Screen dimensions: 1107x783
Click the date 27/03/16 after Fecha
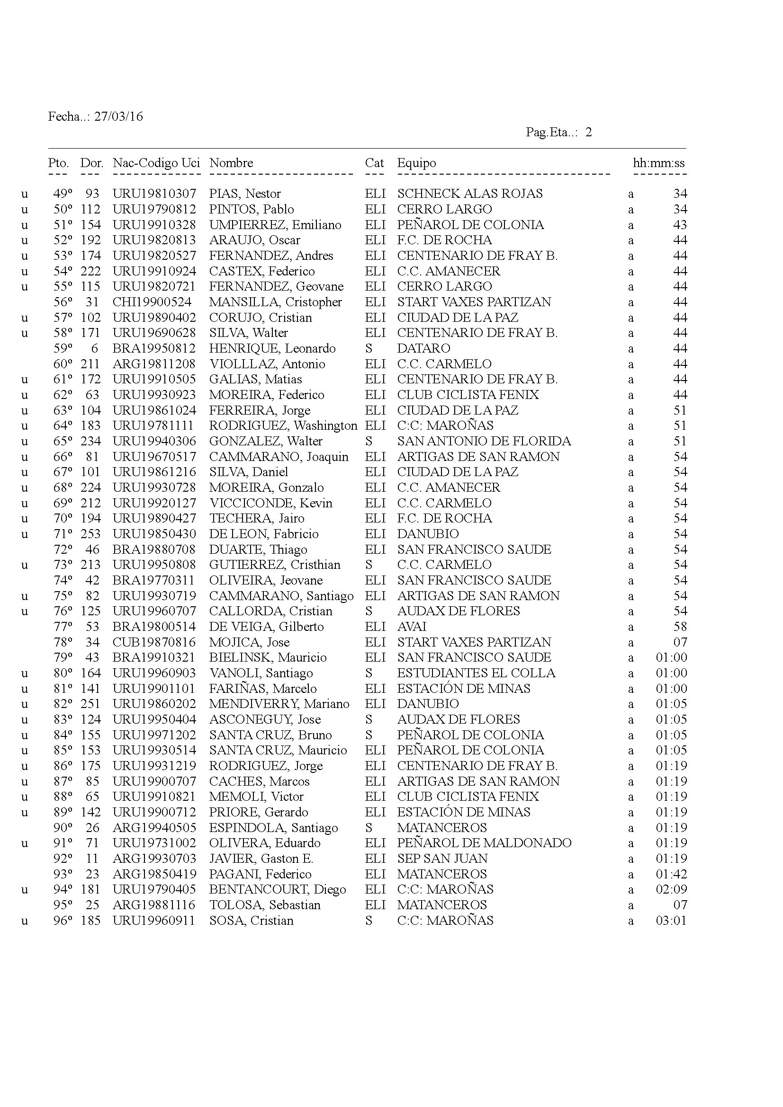point(118,117)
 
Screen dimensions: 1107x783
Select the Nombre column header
point(231,163)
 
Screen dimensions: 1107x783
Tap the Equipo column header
point(416,163)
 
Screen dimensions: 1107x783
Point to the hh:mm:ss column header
point(658,163)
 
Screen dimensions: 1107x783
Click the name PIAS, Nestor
point(244,194)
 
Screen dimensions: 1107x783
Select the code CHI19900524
point(152,302)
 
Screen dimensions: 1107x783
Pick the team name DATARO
point(423,349)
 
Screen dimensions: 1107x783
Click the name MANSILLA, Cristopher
point(275,302)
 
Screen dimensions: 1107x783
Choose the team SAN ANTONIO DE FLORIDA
point(484,441)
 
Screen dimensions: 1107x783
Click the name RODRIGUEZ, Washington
point(283,426)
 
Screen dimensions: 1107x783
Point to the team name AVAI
point(412,627)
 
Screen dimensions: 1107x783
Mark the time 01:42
point(671,874)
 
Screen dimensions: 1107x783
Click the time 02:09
point(671,890)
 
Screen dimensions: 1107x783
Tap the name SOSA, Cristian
point(251,921)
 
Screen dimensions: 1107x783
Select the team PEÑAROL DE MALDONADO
point(484,843)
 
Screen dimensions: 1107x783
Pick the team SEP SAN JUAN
point(442,859)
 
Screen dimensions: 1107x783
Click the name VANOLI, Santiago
point(261,673)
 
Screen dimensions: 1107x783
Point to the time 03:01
point(671,921)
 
